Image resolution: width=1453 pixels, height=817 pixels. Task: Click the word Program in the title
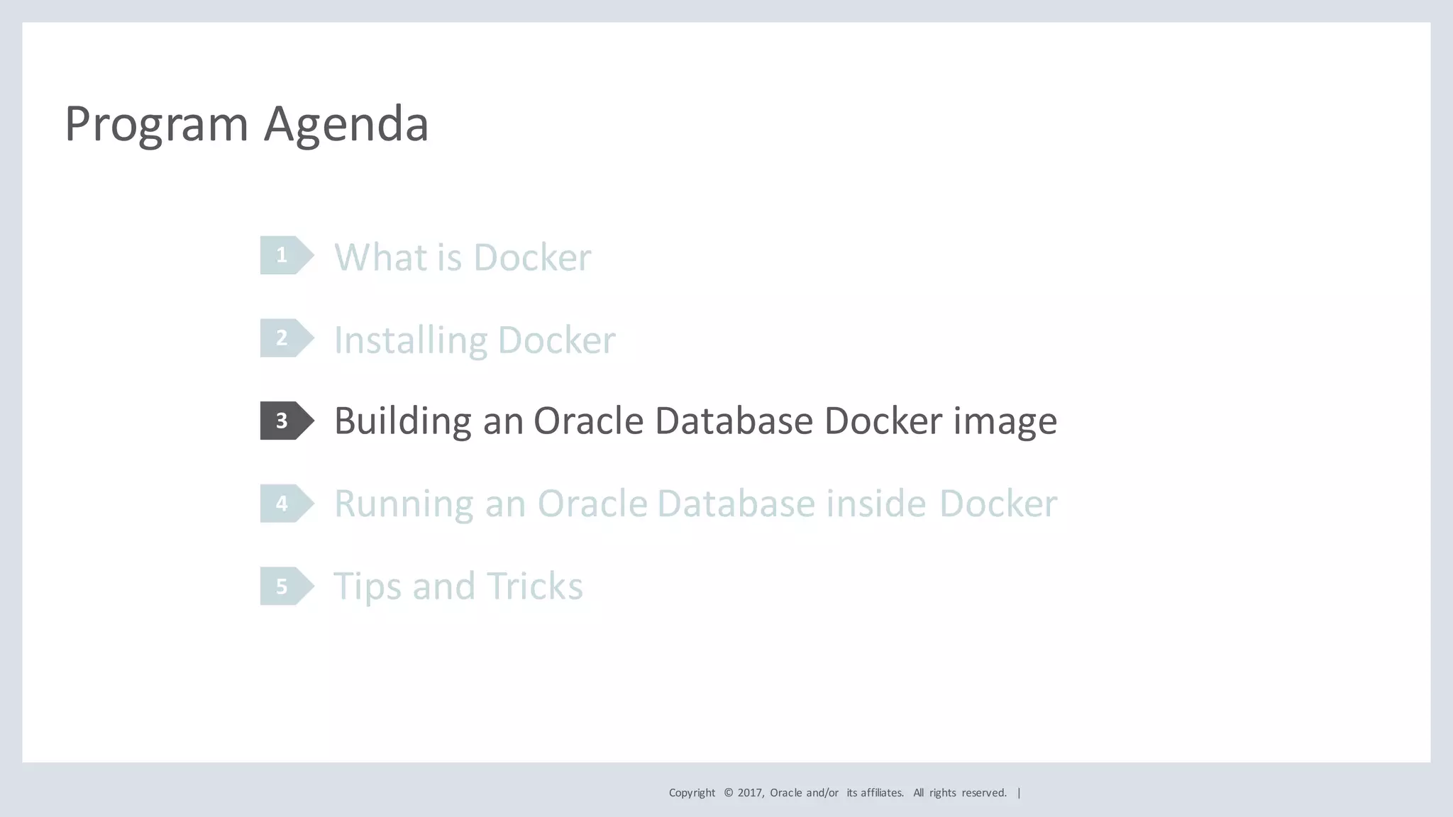[x=156, y=125]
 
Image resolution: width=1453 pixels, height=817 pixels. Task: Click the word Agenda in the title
[x=346, y=125]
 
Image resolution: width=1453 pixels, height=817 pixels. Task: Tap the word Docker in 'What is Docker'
[x=531, y=257]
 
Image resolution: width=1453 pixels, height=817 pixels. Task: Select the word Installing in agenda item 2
[x=409, y=340]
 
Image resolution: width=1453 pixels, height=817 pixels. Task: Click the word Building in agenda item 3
[x=402, y=421]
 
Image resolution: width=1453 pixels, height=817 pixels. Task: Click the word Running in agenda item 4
[x=403, y=504]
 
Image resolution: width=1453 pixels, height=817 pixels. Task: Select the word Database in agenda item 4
[x=736, y=504]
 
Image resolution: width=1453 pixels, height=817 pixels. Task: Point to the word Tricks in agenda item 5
[x=534, y=587]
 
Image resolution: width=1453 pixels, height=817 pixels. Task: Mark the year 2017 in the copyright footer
[x=749, y=793]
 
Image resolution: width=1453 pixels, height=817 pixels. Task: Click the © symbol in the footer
[x=728, y=793]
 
